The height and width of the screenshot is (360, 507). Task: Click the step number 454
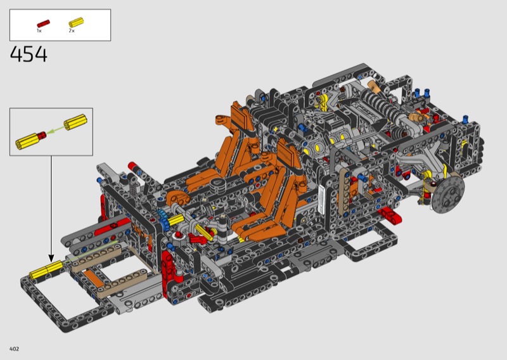[29, 54]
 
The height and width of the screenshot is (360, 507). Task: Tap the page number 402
[14, 349]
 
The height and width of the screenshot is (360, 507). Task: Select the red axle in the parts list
[43, 23]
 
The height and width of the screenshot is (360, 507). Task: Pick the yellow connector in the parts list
[76, 22]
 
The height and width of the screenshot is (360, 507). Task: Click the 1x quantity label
[39, 30]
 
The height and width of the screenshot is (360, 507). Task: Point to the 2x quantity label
[72, 30]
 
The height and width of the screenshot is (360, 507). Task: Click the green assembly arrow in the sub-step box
[55, 130]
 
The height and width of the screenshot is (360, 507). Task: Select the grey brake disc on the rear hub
[448, 194]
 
